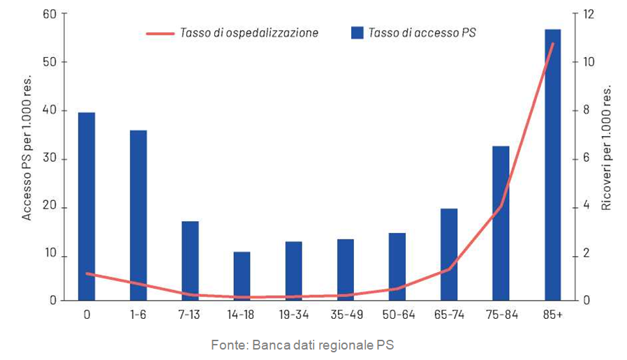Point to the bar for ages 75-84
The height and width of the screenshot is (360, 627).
pyautogui.click(x=501, y=223)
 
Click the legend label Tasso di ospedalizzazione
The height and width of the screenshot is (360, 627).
pyautogui.click(x=249, y=32)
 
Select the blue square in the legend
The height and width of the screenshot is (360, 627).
pyautogui.click(x=356, y=32)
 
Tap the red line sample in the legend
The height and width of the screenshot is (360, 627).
pyautogui.click(x=160, y=33)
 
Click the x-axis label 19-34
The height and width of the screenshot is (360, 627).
pyautogui.click(x=293, y=315)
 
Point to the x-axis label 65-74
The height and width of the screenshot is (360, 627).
pyautogui.click(x=449, y=315)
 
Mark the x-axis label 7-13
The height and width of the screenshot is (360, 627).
pyautogui.click(x=190, y=315)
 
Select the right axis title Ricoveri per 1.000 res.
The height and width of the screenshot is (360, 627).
pyautogui.click(x=607, y=149)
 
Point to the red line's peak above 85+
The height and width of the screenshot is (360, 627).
pyautogui.click(x=552, y=44)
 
